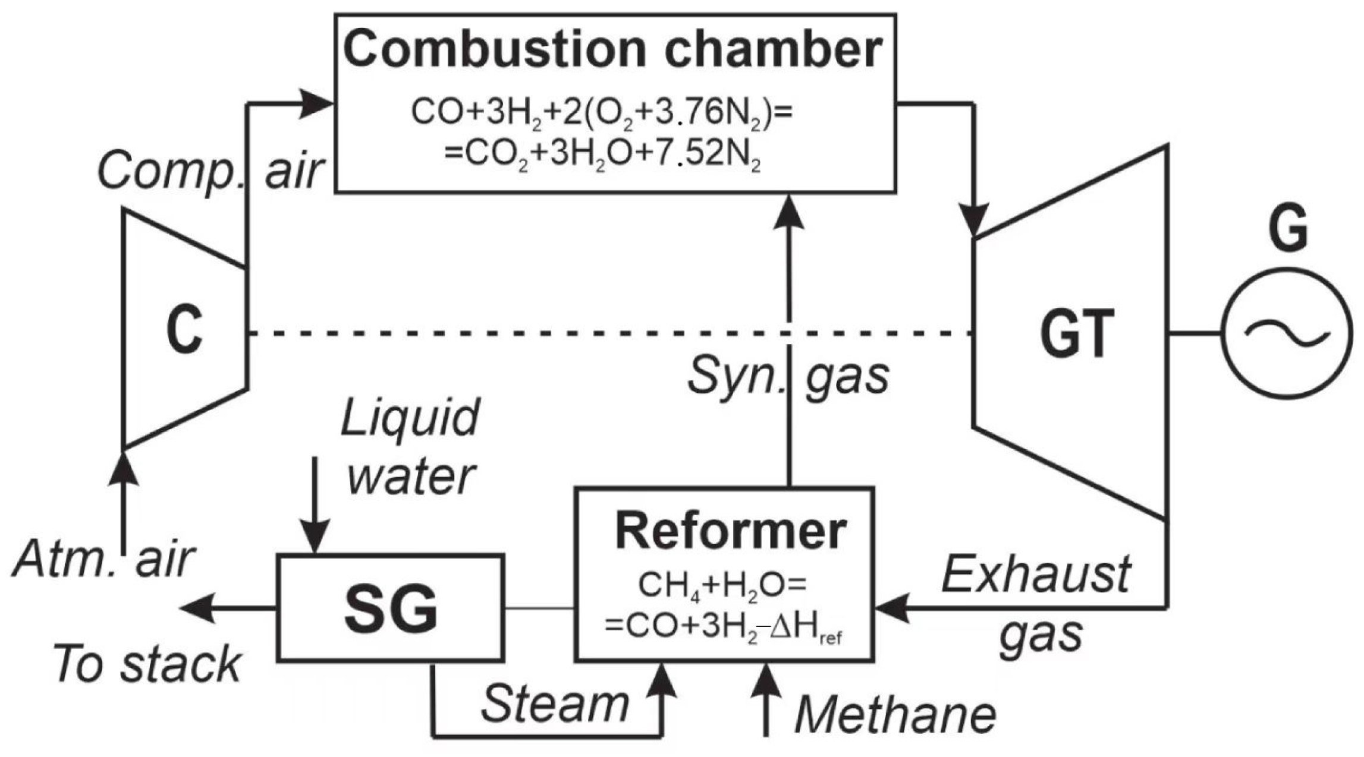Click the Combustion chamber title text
coord(612,49)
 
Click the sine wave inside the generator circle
coord(1286,333)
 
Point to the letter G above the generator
coord(1288,229)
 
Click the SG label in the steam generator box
coord(391,609)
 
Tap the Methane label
coord(895,715)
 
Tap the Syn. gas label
coord(788,376)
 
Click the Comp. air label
coord(210,171)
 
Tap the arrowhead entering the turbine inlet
coord(974,220)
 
